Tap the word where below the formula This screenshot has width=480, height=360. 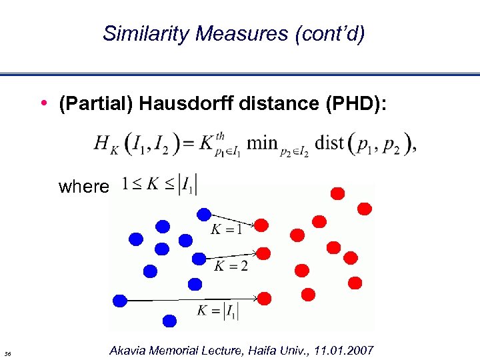pos(83,186)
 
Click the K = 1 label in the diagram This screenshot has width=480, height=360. pos(227,230)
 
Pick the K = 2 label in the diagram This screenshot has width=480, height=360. pos(231,266)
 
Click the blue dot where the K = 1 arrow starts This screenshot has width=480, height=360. pos(204,215)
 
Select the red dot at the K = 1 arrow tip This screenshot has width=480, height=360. pos(262,225)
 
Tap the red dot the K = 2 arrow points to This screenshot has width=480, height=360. pos(263,253)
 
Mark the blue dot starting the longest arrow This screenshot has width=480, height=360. pos(121,300)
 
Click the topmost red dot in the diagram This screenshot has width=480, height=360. pos(338,193)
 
